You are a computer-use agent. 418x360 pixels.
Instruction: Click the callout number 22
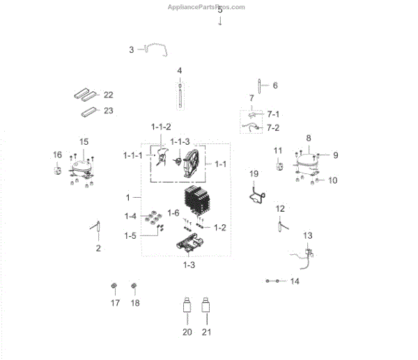click(108, 95)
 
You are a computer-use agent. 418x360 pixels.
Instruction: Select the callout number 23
click(108, 111)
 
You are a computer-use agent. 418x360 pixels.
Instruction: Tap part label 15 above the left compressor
click(84, 142)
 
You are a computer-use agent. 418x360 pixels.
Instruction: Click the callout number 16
click(57, 155)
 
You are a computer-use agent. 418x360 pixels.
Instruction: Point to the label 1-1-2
click(161, 126)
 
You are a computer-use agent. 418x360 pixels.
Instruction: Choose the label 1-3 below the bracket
click(189, 265)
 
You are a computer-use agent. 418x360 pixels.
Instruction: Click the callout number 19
click(254, 173)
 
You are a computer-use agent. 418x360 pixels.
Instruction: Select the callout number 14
click(294, 281)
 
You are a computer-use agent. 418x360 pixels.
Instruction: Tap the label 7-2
click(273, 128)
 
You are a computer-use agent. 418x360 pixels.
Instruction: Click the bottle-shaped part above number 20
click(187, 307)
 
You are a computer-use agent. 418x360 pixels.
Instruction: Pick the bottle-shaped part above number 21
click(206, 307)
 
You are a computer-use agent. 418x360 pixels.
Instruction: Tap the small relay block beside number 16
click(58, 169)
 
